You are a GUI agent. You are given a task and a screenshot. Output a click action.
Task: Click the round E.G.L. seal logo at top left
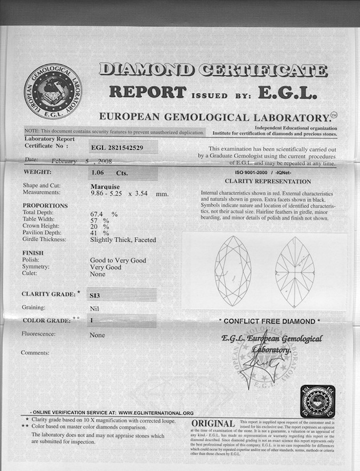[x=52, y=89]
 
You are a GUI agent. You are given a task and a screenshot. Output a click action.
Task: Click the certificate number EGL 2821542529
[x=116, y=148]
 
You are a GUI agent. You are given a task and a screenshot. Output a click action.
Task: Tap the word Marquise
[x=105, y=186]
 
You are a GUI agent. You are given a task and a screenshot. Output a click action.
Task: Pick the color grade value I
[x=91, y=321]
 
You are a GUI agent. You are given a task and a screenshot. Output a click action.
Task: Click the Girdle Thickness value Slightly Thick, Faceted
[x=123, y=240]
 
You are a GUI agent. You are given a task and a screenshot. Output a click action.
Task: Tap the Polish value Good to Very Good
[x=118, y=260]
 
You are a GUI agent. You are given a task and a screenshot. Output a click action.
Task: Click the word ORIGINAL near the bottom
[x=213, y=424]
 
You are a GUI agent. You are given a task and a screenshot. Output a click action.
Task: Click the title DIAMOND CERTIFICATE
[x=213, y=70]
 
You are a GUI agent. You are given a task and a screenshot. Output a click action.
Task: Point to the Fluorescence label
[x=39, y=334]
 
